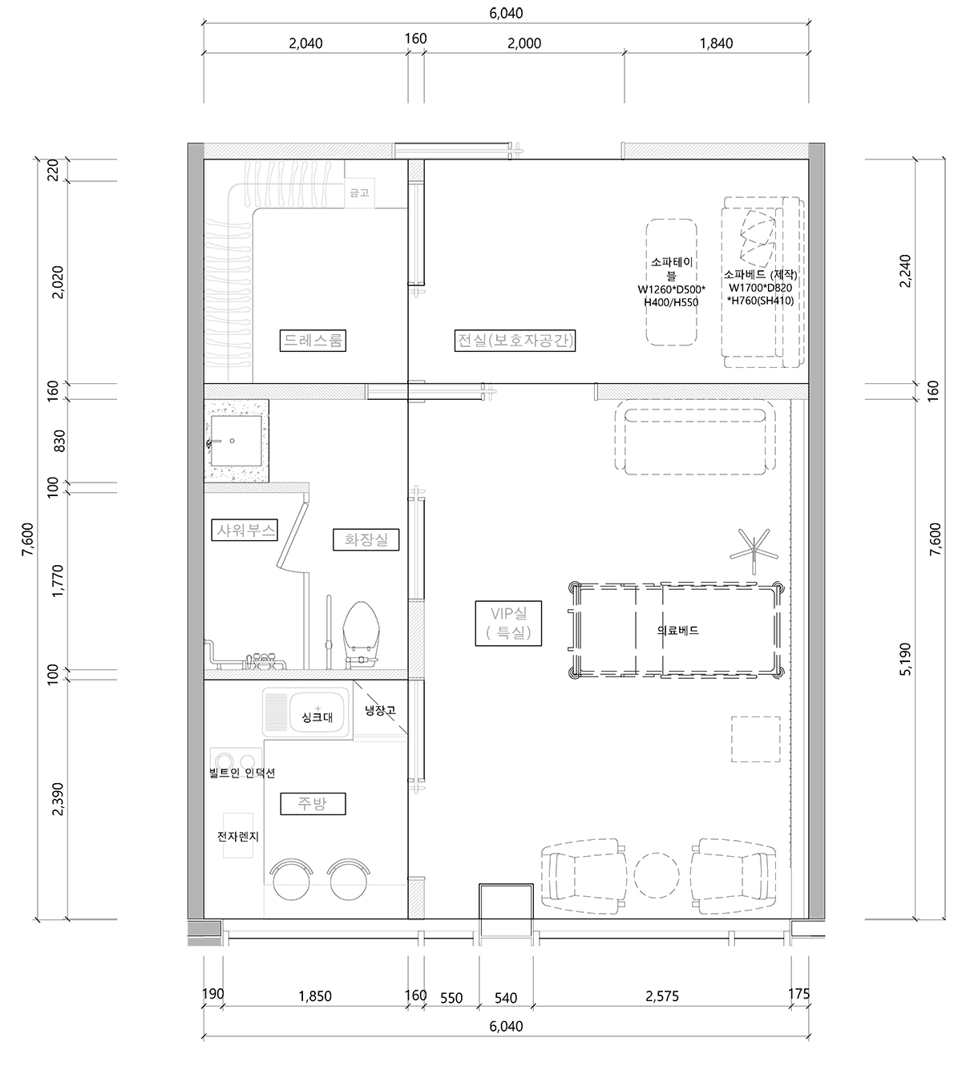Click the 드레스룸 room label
click(x=313, y=341)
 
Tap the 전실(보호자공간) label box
click(x=515, y=341)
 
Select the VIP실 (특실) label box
click(x=508, y=624)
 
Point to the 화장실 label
click(x=366, y=539)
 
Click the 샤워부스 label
click(x=245, y=530)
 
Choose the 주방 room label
click(x=313, y=804)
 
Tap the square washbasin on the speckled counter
click(x=236, y=441)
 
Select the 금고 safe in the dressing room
click(x=359, y=192)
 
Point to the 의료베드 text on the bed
click(x=677, y=631)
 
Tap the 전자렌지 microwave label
click(x=237, y=837)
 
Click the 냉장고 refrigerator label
click(x=380, y=710)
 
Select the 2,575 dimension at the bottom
click(x=662, y=996)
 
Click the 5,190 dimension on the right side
click(x=906, y=659)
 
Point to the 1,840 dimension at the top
click(x=716, y=43)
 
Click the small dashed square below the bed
click(x=756, y=739)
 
